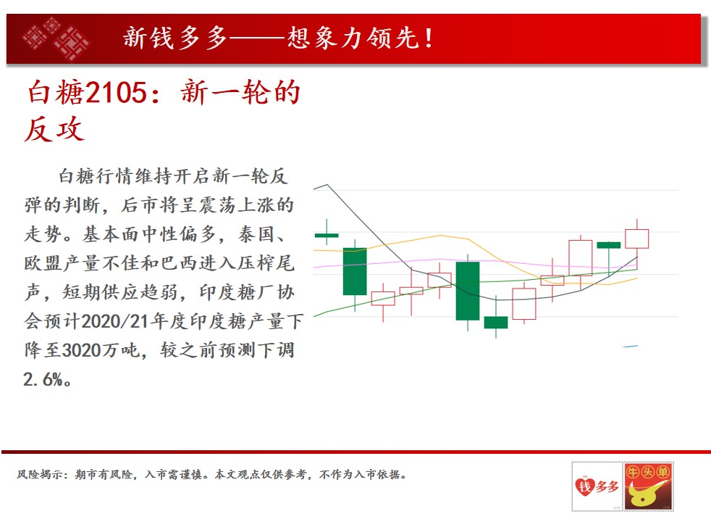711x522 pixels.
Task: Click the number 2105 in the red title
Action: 117,92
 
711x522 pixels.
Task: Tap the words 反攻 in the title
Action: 54,129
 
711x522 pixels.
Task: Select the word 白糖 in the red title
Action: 55,92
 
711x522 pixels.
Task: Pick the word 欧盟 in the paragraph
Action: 43,263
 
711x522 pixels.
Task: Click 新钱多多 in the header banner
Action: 174,38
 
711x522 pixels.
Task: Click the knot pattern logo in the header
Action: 56,39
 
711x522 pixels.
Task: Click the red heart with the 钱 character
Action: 585,486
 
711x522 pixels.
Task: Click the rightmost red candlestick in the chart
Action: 636,239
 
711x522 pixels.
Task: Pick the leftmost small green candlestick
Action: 327,235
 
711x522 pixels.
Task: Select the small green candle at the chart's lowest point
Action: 496,323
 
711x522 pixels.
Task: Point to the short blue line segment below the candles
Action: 631,347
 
